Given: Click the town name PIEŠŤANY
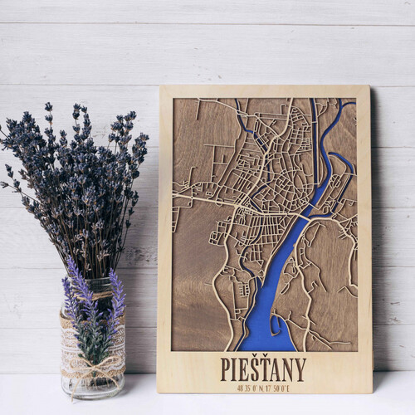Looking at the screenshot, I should point(263,368).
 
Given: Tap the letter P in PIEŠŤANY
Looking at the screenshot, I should point(226,369).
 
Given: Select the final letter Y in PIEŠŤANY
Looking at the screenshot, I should point(300,369).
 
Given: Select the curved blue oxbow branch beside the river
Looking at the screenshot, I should point(344,162).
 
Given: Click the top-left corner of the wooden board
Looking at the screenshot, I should point(160,86).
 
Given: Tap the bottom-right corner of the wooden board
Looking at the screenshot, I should point(372,392).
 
